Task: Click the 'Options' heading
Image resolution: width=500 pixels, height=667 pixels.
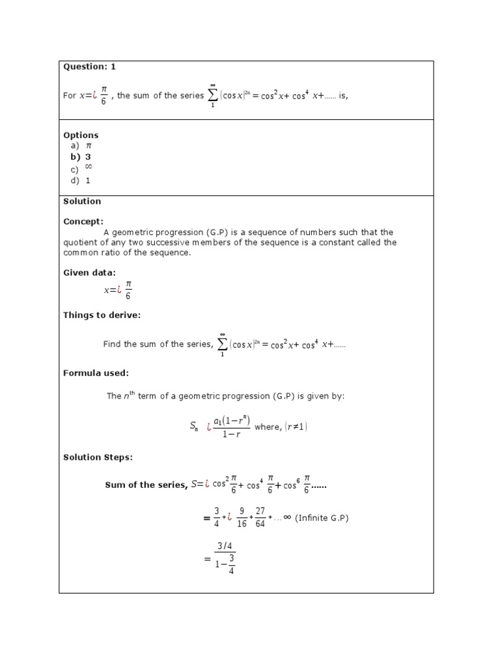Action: [x=81, y=135]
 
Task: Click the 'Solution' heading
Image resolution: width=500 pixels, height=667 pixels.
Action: [x=82, y=202]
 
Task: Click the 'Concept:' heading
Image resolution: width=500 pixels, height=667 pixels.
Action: [x=83, y=221]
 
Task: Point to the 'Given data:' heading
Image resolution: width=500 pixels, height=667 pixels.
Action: [x=89, y=273]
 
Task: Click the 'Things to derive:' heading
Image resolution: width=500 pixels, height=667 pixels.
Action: [x=102, y=315]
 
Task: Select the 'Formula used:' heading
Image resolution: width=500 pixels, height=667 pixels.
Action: [x=96, y=373]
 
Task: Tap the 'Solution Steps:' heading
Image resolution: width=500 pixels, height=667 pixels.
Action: [x=98, y=457]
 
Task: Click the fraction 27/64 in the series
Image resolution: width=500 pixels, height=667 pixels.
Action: [x=260, y=518]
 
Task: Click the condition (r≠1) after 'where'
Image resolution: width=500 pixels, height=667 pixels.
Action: [x=296, y=427]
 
